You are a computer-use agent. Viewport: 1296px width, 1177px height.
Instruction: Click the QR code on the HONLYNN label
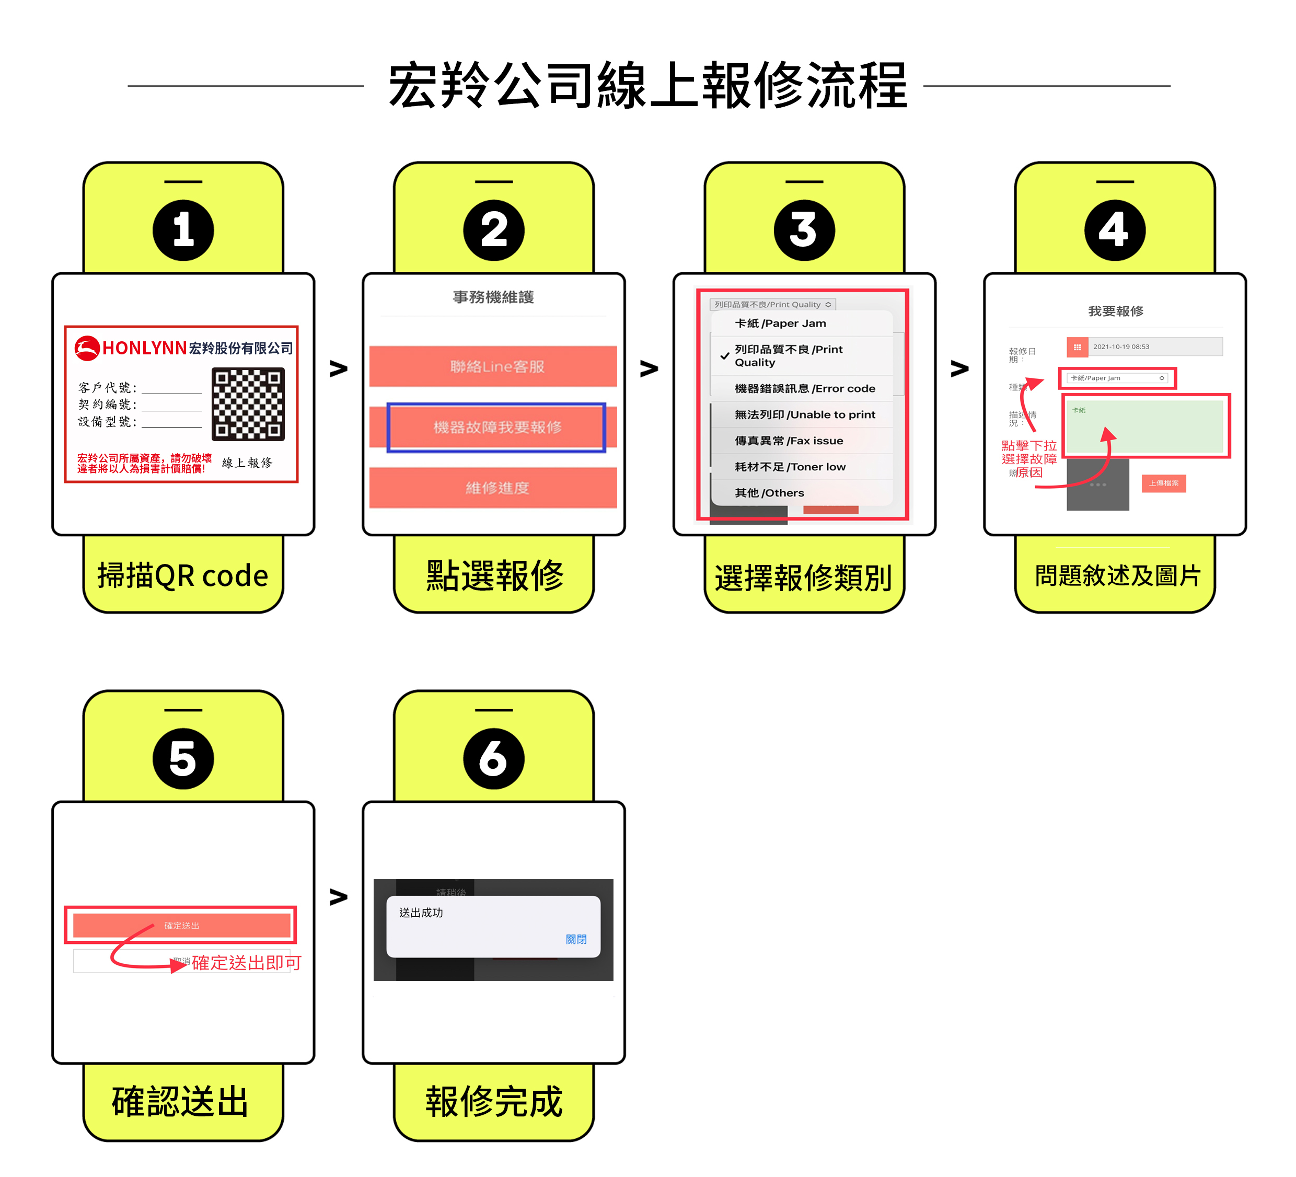click(248, 403)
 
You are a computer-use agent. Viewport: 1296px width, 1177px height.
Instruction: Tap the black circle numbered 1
click(183, 230)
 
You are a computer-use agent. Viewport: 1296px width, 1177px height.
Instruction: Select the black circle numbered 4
click(1115, 230)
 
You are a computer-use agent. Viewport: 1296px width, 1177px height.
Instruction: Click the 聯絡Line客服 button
click(493, 366)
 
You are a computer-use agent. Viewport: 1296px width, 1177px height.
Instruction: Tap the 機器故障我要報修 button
click(496, 428)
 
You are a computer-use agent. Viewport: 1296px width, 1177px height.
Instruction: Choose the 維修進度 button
click(493, 488)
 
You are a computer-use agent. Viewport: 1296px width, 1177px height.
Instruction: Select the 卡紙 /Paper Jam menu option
click(780, 324)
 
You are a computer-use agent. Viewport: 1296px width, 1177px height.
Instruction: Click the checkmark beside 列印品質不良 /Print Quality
click(724, 356)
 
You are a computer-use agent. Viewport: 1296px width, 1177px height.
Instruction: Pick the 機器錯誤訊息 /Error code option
click(804, 388)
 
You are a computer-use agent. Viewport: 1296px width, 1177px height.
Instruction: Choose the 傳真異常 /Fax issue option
click(788, 441)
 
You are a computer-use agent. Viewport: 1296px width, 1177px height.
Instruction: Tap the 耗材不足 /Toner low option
click(790, 467)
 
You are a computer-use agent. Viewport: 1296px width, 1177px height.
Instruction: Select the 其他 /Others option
click(769, 493)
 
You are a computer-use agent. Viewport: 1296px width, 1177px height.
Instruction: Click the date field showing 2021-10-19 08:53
click(1154, 347)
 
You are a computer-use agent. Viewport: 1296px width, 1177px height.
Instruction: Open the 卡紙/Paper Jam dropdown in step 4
click(1117, 378)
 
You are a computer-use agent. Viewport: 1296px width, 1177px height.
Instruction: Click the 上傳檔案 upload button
click(1164, 483)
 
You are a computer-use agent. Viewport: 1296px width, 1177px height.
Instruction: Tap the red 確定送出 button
click(181, 926)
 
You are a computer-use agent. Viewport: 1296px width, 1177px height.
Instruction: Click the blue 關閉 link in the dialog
click(576, 939)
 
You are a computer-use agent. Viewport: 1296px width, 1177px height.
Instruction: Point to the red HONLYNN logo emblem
click(87, 348)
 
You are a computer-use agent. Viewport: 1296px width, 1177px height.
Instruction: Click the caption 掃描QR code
click(182, 575)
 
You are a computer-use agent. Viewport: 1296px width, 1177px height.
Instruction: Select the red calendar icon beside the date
click(1077, 347)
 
